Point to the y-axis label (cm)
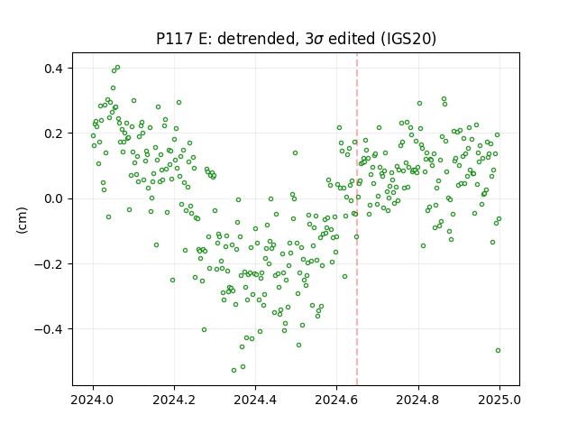pos(22,220)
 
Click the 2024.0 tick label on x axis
pos(93,400)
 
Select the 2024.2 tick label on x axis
pos(174,400)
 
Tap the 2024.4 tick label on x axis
pos(255,400)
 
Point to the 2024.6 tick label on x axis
pos(336,400)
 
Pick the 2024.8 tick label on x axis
pos(418,400)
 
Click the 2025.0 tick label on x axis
pos(499,400)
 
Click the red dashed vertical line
pos(357,219)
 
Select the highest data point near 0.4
pos(117,68)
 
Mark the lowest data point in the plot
pos(234,370)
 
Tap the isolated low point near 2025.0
pos(498,351)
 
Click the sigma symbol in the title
pos(319,40)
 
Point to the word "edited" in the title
pos(351,39)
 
